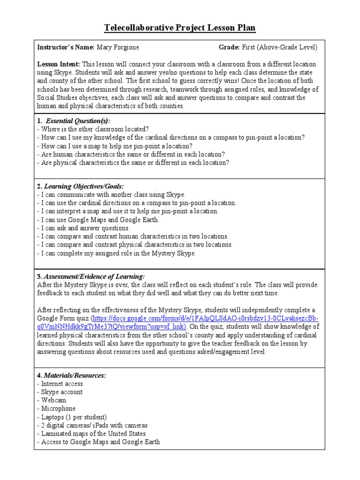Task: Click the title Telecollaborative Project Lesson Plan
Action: tap(180, 28)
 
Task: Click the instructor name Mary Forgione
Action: tap(118, 47)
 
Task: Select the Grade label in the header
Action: tap(229, 47)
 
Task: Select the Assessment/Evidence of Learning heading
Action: tap(94, 277)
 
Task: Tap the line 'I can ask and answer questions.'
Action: tap(82, 228)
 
